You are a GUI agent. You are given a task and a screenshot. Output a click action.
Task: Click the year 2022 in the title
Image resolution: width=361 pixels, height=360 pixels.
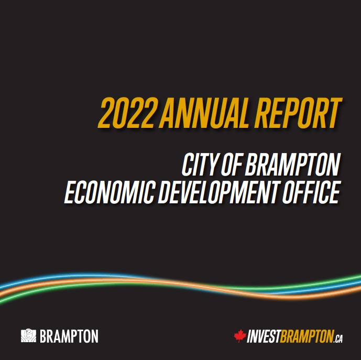pyautogui.click(x=126, y=113)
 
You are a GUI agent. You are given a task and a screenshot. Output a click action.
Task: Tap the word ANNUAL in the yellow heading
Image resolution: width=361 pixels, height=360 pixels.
pyautogui.click(x=205, y=113)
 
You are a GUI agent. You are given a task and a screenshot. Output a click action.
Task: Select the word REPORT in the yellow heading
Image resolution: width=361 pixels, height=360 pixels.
pyautogui.click(x=298, y=113)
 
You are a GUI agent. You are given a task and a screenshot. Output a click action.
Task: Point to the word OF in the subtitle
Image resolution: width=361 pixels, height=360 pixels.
pyautogui.click(x=232, y=165)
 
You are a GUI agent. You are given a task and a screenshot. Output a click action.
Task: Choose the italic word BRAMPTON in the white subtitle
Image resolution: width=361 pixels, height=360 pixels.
pyautogui.click(x=292, y=165)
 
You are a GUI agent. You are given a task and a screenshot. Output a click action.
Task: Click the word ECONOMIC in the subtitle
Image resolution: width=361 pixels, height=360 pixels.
pyautogui.click(x=109, y=192)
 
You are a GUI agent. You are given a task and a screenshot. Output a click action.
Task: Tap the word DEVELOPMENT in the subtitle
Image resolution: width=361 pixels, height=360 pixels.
pyautogui.click(x=218, y=192)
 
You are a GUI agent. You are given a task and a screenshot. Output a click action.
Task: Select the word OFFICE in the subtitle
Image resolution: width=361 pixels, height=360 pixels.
pyautogui.click(x=311, y=192)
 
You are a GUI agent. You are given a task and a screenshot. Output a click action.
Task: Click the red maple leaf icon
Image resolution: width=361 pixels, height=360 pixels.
pyautogui.click(x=240, y=335)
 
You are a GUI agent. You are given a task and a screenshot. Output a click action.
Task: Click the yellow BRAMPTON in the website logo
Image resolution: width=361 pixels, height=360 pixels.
pyautogui.click(x=307, y=336)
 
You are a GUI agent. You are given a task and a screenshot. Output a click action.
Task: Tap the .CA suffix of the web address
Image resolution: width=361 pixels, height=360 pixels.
pyautogui.click(x=338, y=339)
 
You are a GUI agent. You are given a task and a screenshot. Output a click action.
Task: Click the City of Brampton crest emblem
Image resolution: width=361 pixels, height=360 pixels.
pyautogui.click(x=28, y=335)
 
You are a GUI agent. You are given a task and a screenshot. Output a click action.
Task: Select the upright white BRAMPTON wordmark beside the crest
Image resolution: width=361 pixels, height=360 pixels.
pyautogui.click(x=69, y=336)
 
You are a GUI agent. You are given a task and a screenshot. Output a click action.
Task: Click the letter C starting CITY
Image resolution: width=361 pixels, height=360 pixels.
pyautogui.click(x=188, y=165)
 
